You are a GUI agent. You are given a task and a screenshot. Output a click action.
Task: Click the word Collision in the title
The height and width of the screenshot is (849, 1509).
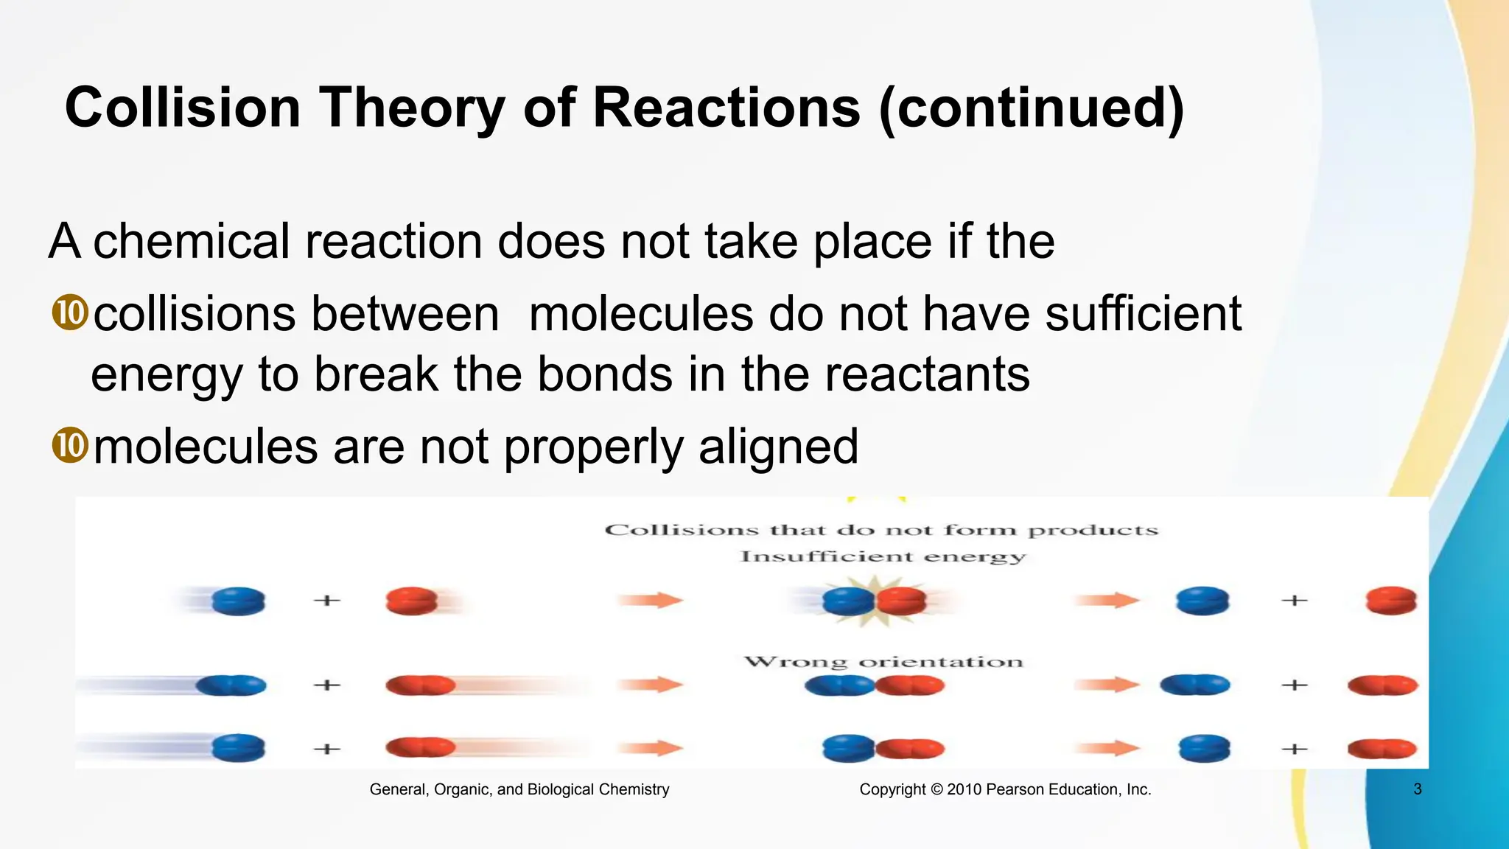pos(183,108)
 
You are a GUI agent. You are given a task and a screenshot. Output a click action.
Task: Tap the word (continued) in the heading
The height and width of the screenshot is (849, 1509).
pos(1032,108)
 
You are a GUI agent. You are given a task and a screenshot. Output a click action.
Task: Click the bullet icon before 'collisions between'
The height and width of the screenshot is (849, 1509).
pos(70,312)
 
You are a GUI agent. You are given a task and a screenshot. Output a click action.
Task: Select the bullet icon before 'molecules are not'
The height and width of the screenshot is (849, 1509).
pos(70,446)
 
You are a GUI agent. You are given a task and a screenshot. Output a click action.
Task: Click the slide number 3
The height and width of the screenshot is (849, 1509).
pos(1417,789)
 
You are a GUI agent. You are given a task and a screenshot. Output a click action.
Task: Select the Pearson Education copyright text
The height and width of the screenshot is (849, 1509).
pos(1005,789)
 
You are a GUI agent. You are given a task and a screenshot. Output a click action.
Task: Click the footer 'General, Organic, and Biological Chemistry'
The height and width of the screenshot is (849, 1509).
pos(519,789)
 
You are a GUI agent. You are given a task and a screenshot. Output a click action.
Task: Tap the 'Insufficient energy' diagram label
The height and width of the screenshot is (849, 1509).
pos(882,556)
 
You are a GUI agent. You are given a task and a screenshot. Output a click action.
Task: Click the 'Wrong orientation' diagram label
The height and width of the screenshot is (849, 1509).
pos(883,662)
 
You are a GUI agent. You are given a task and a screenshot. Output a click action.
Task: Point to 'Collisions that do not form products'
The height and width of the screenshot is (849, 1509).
pos(881,530)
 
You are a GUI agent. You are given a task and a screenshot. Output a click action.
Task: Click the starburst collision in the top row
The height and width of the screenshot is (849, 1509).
pos(874,601)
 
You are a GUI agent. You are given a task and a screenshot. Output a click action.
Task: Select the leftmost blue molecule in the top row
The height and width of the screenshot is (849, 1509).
pos(238,601)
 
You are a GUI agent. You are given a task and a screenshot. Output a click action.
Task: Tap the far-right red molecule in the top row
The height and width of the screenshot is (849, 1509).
pos(1390,601)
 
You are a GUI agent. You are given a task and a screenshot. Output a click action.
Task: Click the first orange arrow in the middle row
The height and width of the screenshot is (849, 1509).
pos(650,685)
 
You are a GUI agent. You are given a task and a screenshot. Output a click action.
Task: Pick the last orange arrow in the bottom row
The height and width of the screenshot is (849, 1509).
pos(1106,749)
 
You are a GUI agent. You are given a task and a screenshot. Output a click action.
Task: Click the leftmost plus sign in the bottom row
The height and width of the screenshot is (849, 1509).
pos(326,749)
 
